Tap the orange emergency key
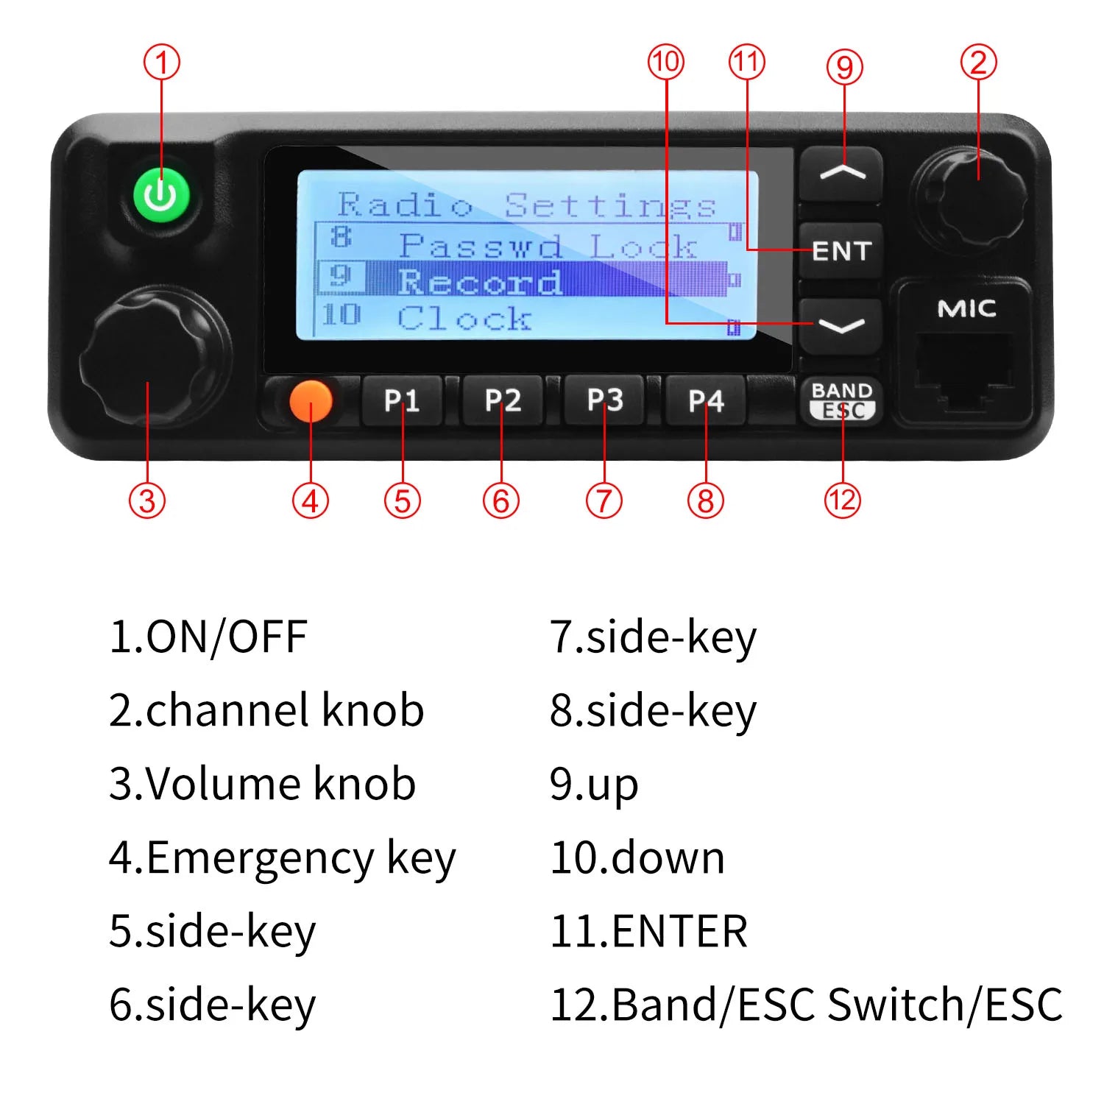(311, 401)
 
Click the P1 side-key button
(402, 401)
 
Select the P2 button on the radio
(503, 401)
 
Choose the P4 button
(706, 401)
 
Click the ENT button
(841, 251)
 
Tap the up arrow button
(841, 174)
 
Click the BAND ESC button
(842, 400)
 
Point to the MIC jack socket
(963, 371)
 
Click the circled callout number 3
(147, 500)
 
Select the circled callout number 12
(843, 500)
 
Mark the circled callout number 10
(666, 62)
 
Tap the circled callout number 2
(979, 62)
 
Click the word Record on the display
(480, 282)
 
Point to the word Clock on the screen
(464, 319)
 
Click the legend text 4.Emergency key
(283, 859)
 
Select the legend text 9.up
(594, 785)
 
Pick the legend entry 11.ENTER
(648, 931)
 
